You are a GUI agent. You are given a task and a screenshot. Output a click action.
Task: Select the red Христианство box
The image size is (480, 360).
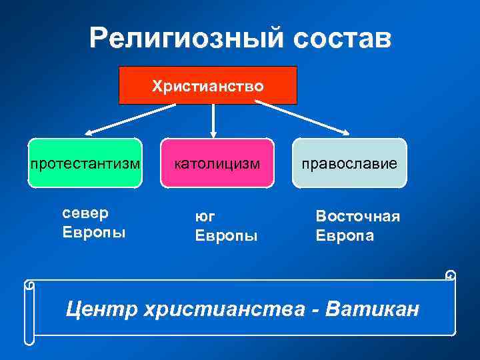[x=207, y=85]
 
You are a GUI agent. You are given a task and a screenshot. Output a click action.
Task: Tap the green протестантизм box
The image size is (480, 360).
[x=85, y=163]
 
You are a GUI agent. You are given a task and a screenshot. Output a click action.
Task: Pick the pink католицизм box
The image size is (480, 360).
[x=217, y=163]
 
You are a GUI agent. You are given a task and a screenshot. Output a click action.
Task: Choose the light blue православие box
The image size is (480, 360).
[x=349, y=163]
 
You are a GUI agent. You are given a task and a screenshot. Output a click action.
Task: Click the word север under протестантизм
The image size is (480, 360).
[x=85, y=213]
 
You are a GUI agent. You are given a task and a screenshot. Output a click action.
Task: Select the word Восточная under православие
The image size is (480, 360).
[x=357, y=217]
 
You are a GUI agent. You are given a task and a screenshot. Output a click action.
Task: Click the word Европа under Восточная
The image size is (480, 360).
[x=345, y=236]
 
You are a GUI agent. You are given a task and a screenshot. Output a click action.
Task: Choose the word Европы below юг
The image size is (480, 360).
[x=225, y=236]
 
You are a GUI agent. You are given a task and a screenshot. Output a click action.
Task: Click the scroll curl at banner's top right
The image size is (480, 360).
[x=451, y=275]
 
